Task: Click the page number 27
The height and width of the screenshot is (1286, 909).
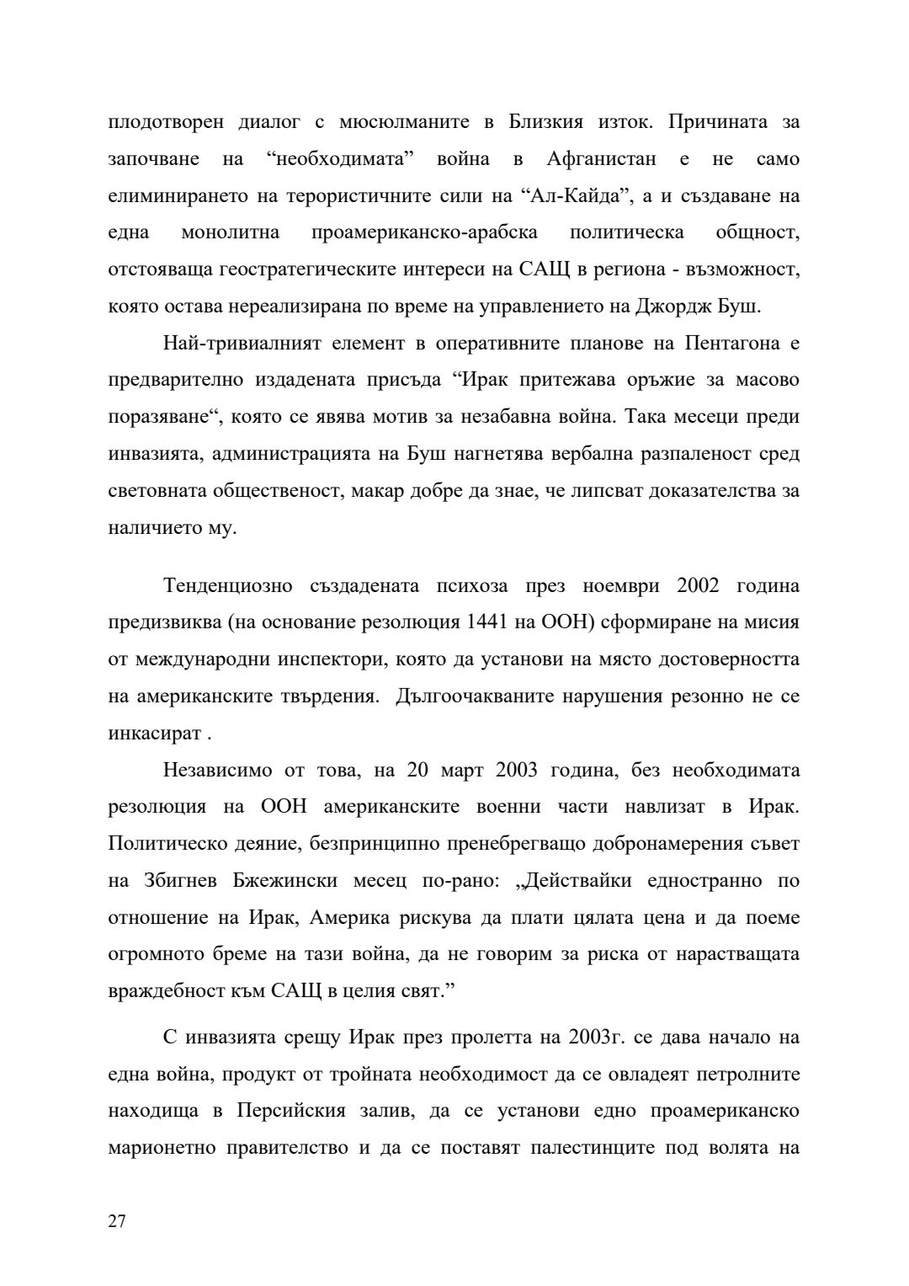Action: pos(117,1221)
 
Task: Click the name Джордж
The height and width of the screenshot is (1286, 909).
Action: pos(669,306)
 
